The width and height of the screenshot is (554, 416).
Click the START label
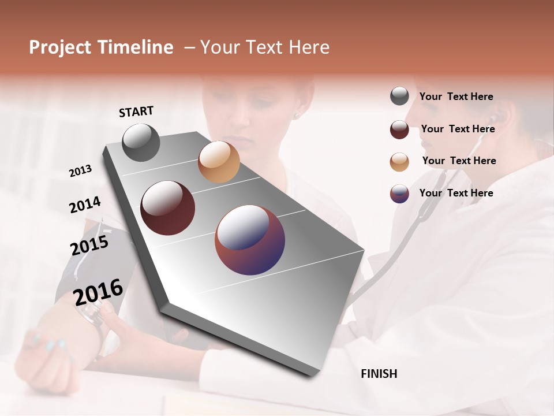click(x=136, y=112)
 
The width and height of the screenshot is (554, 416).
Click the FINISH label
click(x=379, y=374)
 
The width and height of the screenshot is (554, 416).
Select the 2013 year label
click(x=80, y=171)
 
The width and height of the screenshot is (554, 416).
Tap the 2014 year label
click(x=85, y=205)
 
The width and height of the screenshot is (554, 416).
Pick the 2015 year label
click(x=89, y=246)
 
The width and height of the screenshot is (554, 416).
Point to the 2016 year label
click(x=98, y=292)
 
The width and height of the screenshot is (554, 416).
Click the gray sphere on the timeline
click(x=141, y=142)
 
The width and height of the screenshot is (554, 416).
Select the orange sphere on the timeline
click(x=219, y=162)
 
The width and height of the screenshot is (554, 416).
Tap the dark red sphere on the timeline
click(x=167, y=208)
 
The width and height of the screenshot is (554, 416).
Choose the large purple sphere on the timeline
click(x=250, y=239)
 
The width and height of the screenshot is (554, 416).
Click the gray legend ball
click(x=399, y=96)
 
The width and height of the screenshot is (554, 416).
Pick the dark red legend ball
click(x=399, y=129)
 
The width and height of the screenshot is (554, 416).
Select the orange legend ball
click(x=399, y=162)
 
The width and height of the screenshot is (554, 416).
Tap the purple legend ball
click(x=399, y=194)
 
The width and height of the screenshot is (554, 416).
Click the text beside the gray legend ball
click(x=456, y=96)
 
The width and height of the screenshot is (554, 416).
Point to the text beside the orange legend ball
click(x=459, y=161)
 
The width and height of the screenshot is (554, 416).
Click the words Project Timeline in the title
click(x=101, y=47)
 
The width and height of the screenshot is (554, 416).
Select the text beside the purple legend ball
click(x=456, y=193)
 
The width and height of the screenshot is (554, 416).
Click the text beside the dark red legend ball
click(x=458, y=129)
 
